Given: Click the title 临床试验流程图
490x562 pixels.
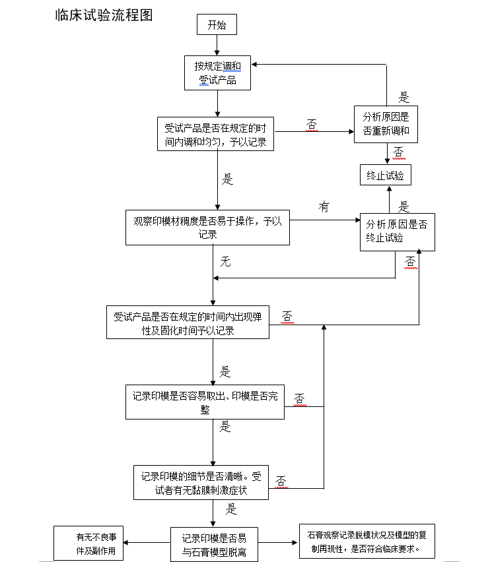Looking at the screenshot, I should coord(104,15).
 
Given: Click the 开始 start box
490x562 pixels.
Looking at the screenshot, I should coord(216,26).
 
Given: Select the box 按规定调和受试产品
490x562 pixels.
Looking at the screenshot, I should coord(217,73).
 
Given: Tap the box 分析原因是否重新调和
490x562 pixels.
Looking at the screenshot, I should coord(386,123).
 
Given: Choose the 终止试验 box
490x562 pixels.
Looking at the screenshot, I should coord(386,175).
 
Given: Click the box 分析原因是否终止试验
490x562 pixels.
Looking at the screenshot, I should coord(396,231).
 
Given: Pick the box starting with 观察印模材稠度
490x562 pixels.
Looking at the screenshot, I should coord(207,227).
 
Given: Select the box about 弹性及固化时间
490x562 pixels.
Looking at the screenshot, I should coord(188,323).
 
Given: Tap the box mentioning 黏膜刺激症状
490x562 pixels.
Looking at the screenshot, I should coord(201,482).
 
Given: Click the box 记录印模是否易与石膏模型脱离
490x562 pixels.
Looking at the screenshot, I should coord(214,544).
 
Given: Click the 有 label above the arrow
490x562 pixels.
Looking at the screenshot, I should coord(324,207).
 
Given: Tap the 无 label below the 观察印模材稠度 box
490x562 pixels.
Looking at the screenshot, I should coord(225,262).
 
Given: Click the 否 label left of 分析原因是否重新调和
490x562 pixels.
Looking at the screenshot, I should coord(312,123).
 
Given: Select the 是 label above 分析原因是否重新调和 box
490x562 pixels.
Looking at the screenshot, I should coord(403,98).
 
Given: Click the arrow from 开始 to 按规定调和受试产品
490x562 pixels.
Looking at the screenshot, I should coord(217,46).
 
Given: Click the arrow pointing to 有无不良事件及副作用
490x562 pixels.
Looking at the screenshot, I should coord(147,543).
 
